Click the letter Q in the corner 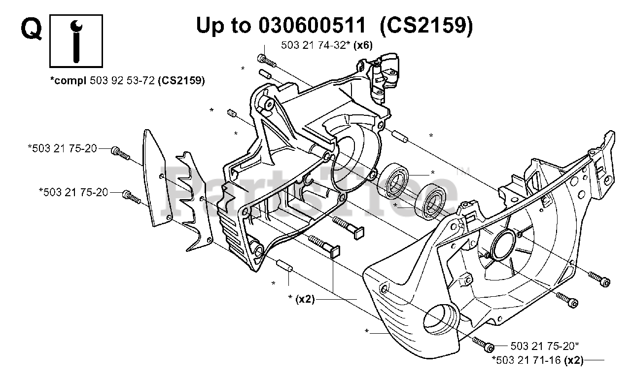click(31, 30)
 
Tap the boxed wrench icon click(76, 41)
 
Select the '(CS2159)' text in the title click(427, 25)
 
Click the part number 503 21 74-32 click(314, 45)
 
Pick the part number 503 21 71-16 click(527, 361)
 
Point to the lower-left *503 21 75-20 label click(73, 192)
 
